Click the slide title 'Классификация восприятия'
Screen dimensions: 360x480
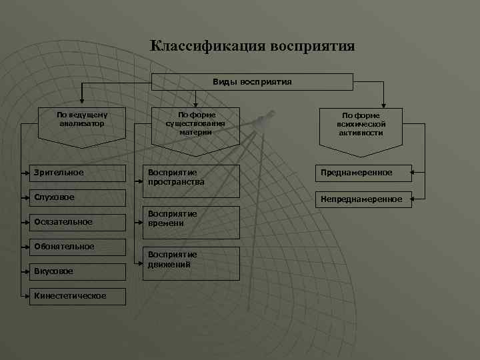tap(252, 46)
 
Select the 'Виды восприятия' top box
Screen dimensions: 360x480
tap(252, 81)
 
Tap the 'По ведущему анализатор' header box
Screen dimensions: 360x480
tap(81, 120)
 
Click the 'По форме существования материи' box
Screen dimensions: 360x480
tap(195, 123)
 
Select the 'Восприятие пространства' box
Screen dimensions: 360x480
tap(191, 177)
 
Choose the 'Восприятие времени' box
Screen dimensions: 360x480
tap(191, 219)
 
